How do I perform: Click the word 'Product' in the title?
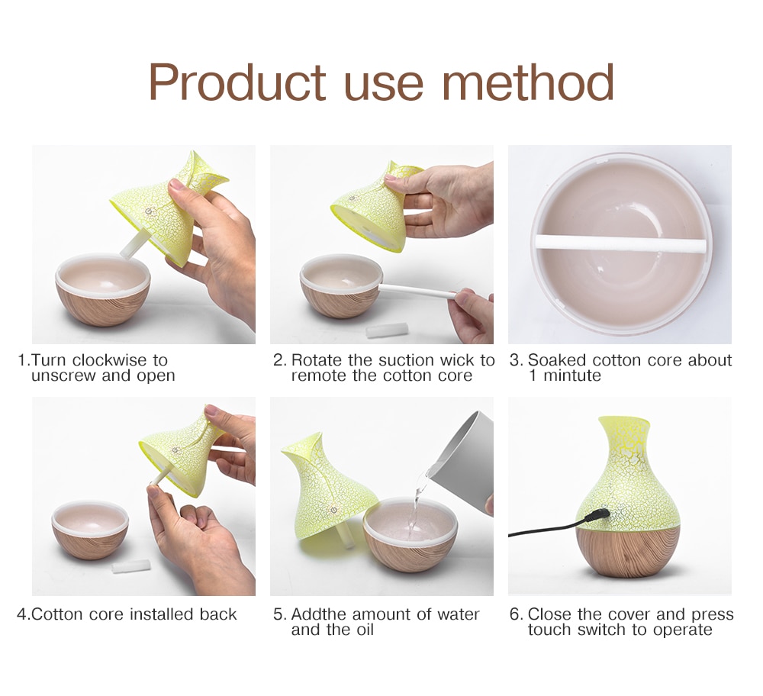click(x=237, y=82)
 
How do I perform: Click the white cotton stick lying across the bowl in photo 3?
click(x=619, y=243)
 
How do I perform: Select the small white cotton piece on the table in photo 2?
click(x=387, y=330)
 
